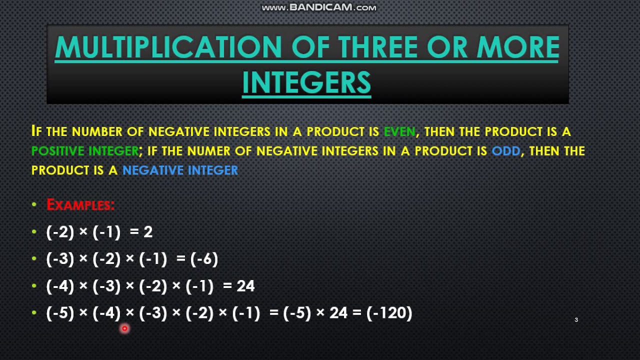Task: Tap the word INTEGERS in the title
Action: (306, 82)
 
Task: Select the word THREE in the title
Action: (378, 47)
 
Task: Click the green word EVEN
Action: (399, 131)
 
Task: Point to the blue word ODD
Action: (506, 151)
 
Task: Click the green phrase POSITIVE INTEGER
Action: (85, 151)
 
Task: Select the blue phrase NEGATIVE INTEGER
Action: (180, 170)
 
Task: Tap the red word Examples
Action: (80, 204)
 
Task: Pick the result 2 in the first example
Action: (148, 232)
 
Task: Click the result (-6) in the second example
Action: (204, 259)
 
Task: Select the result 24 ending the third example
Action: (245, 286)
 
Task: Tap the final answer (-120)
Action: (389, 313)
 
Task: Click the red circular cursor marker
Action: (124, 328)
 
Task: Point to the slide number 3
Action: (576, 320)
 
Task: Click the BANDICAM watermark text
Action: (319, 7)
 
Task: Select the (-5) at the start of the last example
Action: (60, 313)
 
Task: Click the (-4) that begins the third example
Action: (60, 286)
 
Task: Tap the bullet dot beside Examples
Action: (34, 204)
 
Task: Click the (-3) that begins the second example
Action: (60, 259)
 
